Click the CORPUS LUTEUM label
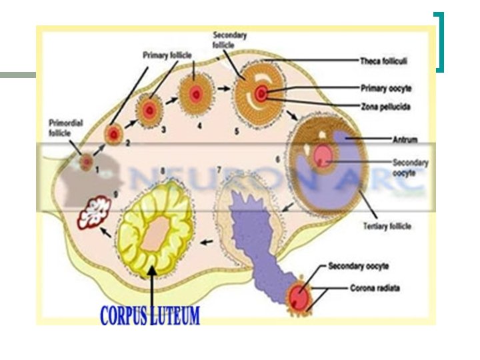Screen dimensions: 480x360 pos(149,315)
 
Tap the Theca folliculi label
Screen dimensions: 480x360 pos(384,61)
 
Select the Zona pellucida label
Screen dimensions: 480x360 pos(385,107)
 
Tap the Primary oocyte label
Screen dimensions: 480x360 pos(385,87)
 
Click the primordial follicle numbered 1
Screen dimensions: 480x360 pos(86,161)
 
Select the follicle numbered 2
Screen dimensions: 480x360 pos(114,135)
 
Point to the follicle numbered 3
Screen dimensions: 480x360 pos(149,110)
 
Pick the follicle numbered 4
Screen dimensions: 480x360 pos(195,94)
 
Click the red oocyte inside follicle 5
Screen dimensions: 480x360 pos(263,93)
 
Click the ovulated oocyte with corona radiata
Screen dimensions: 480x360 pos(301,297)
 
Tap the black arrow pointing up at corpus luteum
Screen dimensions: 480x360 pos(153,287)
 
